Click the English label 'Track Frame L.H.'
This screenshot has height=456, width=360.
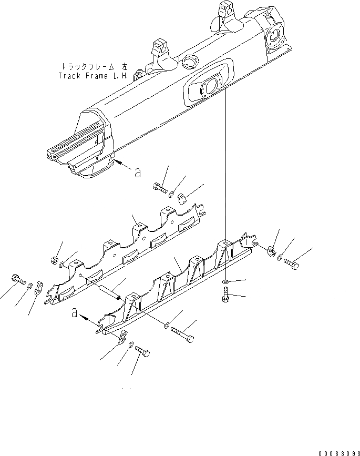(x=95, y=75)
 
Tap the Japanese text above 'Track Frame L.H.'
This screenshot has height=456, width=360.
(x=95, y=67)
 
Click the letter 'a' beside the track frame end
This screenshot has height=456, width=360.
(x=137, y=172)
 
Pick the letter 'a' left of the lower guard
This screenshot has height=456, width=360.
(x=76, y=314)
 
